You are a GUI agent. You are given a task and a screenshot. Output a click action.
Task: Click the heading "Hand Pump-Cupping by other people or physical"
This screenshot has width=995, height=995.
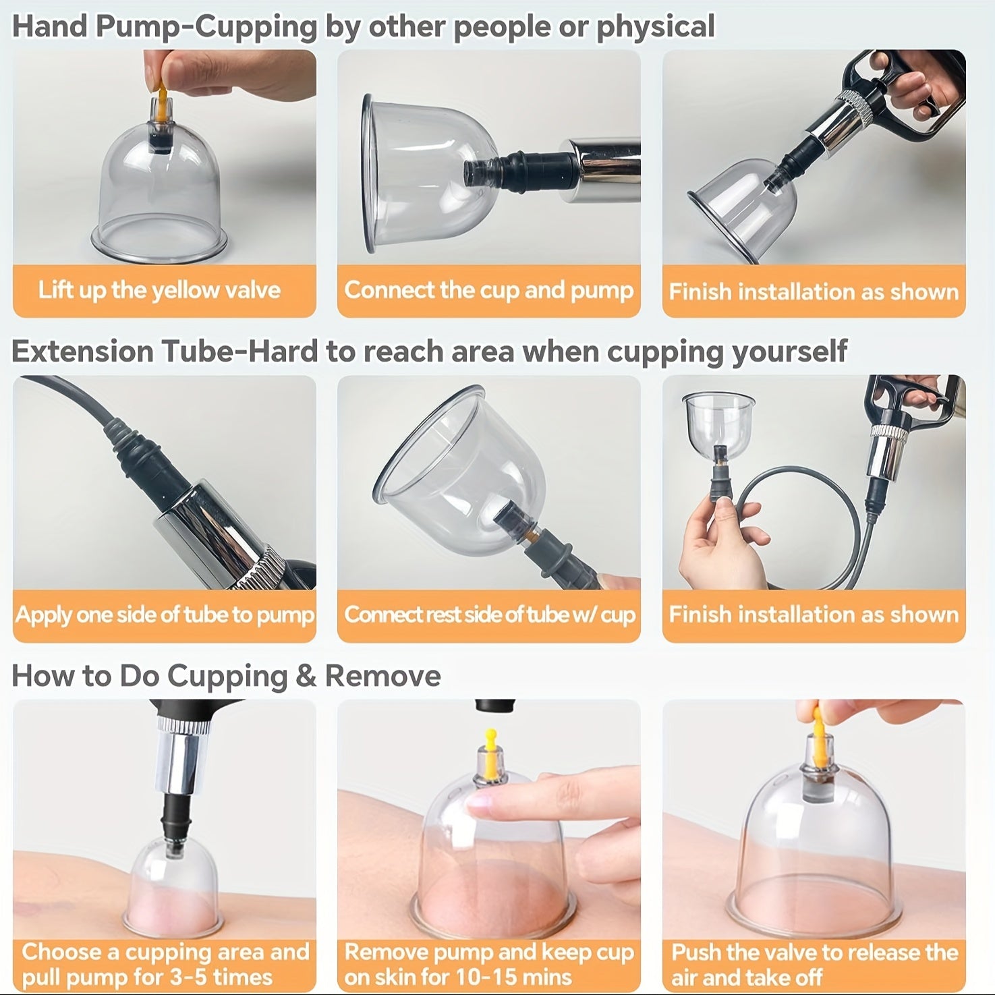pos(363,27)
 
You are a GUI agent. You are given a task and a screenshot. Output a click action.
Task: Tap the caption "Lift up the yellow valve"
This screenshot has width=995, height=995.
pos(159,290)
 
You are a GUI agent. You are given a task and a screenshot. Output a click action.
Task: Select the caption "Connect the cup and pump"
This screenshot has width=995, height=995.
pos(488,290)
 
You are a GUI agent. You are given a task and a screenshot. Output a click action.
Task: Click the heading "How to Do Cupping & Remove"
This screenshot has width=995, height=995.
pos(226,676)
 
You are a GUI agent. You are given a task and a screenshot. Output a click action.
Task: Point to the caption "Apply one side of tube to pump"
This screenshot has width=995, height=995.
pos(165,615)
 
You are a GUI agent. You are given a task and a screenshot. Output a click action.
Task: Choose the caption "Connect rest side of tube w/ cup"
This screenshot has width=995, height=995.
pos(489,615)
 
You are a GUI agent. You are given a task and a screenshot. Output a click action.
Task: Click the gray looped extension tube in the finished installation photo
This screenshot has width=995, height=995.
pos(803,519)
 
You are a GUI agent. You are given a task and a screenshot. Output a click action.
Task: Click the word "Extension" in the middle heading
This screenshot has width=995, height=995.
pos(82,351)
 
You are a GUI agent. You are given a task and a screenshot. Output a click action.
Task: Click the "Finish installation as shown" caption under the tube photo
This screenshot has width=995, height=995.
pos(814,615)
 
